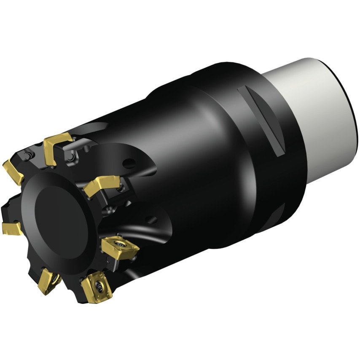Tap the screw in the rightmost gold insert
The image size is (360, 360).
pos(120,243)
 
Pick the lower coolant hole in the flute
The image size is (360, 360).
pos(152,219)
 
